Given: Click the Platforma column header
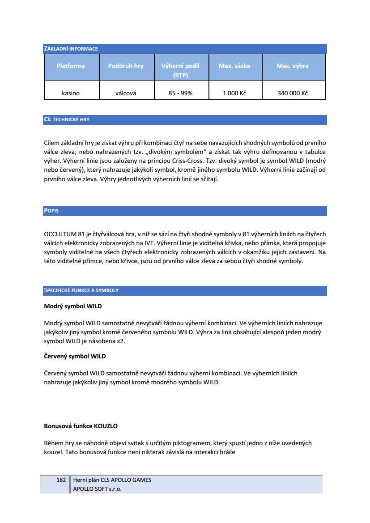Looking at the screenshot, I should coord(71,66).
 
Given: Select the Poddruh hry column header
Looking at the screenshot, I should coord(126,66).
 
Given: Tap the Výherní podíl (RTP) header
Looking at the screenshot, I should coord(180,70).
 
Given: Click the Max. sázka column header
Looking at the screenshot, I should coord(234,66).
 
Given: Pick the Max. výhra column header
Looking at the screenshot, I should coord(293,66).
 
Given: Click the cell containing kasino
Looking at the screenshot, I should coord(71,94).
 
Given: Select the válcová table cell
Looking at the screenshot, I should coord(126,94).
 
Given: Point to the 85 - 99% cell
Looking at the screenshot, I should coord(180,94).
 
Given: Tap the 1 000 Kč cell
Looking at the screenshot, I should coord(234,94).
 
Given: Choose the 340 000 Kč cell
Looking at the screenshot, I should coord(293,94).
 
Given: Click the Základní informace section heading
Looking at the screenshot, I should coord(71,49).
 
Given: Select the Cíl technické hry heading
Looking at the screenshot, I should coord(66,120).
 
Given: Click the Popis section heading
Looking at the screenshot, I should coord(51,211).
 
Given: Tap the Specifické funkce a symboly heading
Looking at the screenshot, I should coord(81,291).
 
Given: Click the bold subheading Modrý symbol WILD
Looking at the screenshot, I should coord(73,306).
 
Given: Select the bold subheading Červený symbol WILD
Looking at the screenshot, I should coord(75,357).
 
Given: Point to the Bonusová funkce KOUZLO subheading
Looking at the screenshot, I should coord(81,426).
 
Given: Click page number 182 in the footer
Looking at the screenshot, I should coord(61,480).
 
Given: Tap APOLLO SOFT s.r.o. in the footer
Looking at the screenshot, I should coord(97,489).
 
